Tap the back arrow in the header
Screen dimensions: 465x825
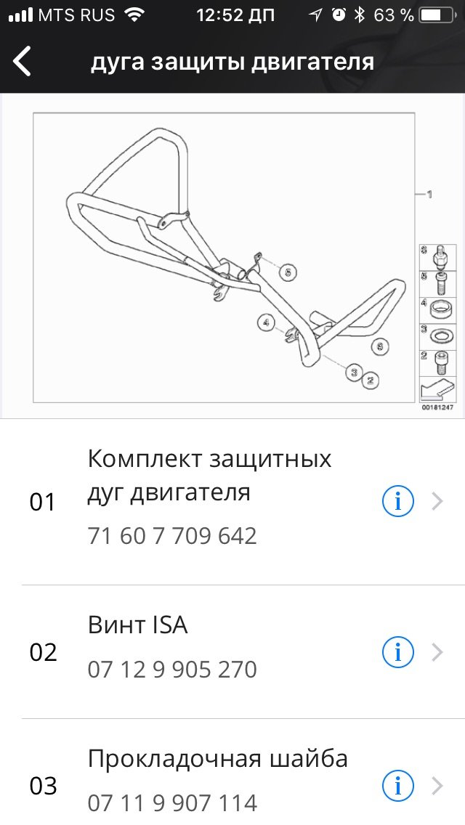[22, 61]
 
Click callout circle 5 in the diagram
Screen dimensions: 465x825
[287, 272]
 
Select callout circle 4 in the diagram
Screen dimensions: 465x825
[266, 322]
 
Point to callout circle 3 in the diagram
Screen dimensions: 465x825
[355, 373]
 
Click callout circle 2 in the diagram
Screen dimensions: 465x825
[371, 380]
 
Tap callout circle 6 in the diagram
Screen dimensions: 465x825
[380, 346]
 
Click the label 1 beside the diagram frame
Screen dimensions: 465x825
[429, 195]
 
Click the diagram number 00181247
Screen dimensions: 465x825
[437, 407]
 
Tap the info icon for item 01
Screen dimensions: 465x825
[397, 502]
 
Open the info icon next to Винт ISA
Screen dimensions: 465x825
[397, 652]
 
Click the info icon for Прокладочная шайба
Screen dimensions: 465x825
[397, 787]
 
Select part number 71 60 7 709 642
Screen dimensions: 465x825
[172, 536]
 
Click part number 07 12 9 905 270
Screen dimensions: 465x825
[172, 670]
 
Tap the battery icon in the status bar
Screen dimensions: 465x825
[437, 15]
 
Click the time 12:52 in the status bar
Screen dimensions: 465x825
[235, 15]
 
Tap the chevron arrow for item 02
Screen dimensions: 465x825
[437, 652]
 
